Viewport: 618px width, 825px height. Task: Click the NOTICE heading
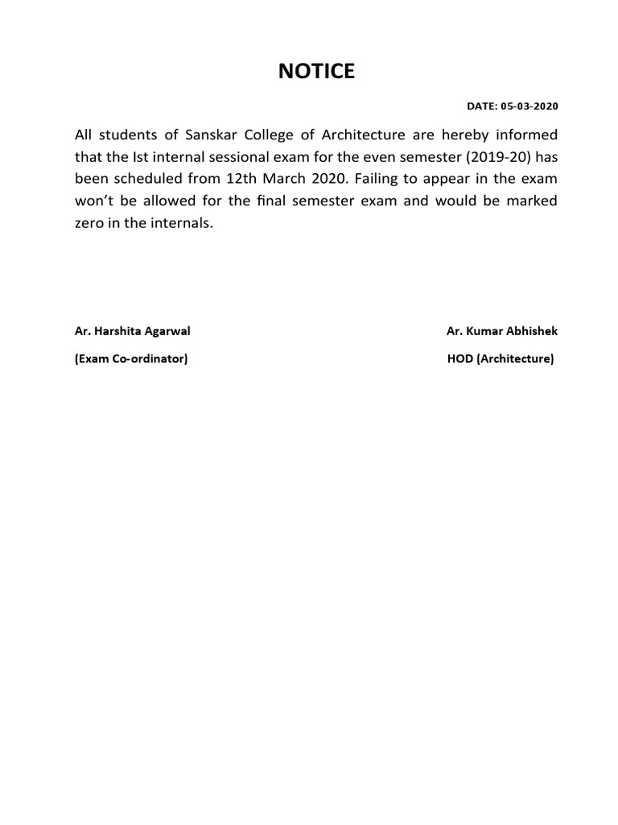(x=315, y=72)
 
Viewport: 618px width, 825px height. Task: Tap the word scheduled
(x=146, y=179)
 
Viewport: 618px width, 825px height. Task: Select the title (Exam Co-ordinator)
(x=131, y=359)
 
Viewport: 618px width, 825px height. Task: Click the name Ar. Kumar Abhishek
(x=501, y=331)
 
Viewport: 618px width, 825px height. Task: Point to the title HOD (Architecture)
(x=501, y=359)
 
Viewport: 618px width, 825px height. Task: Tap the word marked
(x=531, y=201)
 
